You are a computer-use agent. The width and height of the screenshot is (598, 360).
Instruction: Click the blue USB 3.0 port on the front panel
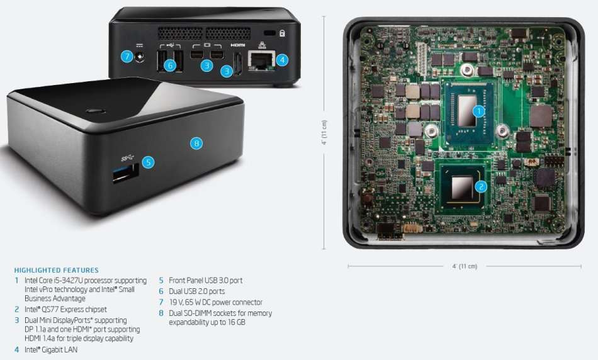[x=125, y=174]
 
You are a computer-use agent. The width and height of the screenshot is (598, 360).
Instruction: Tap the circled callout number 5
[x=148, y=162]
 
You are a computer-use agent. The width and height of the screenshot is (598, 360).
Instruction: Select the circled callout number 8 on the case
[x=196, y=143]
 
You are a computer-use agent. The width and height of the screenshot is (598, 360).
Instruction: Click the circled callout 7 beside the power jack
[x=127, y=57]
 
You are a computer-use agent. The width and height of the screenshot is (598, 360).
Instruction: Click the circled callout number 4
[x=282, y=60]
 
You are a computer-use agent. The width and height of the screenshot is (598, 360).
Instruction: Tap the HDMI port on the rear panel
[x=239, y=64]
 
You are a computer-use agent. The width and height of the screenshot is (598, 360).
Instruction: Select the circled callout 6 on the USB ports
[x=169, y=64]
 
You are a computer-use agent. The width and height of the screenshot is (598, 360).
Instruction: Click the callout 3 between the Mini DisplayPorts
[x=206, y=64]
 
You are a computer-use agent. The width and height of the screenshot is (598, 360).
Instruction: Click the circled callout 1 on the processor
[x=478, y=111]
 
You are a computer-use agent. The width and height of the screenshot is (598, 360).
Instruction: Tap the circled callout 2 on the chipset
[x=480, y=186]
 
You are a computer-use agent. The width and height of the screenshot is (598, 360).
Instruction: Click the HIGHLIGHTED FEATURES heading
[x=56, y=271]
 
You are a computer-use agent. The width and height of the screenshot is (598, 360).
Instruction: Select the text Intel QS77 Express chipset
[x=65, y=310]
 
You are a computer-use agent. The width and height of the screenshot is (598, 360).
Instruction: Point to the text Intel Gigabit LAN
[x=51, y=349]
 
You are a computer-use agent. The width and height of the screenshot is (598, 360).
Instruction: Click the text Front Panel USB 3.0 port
[x=205, y=281]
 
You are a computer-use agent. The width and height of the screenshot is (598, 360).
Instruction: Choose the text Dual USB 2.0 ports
[x=196, y=291]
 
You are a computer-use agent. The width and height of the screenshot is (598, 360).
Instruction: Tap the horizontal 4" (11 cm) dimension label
[x=465, y=266]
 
